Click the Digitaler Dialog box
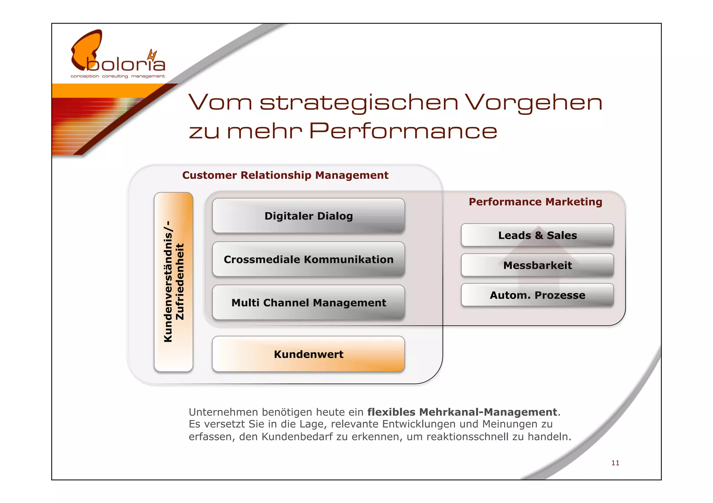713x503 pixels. coord(308,216)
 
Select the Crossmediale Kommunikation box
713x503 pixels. coord(308,259)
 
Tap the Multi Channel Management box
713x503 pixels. coord(308,303)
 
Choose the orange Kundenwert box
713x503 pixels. coord(308,354)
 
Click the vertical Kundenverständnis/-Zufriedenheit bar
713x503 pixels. coord(173,282)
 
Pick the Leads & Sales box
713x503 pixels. coord(537,235)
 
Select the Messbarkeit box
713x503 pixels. coord(537,265)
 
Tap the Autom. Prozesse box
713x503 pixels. coord(537,295)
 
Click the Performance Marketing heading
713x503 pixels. coord(535,202)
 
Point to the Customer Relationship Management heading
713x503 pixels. coord(285,175)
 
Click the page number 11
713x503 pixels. coord(615,463)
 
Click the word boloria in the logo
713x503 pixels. coord(125,64)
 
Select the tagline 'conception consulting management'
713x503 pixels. coord(118,76)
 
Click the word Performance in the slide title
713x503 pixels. coord(403,131)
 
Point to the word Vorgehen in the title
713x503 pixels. coord(533,103)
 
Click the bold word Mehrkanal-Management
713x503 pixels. coord(488,412)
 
